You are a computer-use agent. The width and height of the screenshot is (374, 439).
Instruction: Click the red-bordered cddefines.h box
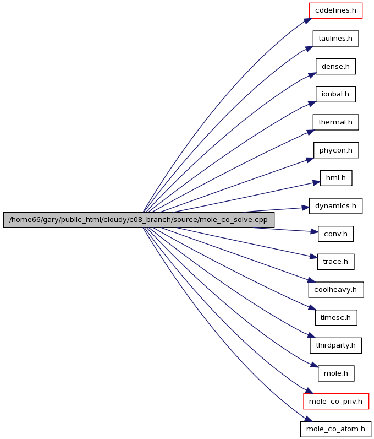point(335,10)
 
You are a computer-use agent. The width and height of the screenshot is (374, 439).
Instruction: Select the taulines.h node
point(335,39)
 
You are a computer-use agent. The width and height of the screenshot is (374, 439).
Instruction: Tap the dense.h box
point(335,67)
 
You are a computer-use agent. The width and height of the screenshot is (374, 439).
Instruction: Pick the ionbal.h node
point(335,94)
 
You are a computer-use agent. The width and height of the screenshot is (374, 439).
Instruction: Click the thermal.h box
point(335,122)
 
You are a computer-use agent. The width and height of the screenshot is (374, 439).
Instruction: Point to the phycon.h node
point(336,150)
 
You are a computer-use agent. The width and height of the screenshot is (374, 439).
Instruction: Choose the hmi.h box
point(336,178)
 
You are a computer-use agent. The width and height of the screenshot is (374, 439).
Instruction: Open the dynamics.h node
point(335,206)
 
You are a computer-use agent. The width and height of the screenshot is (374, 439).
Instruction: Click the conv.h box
point(335,234)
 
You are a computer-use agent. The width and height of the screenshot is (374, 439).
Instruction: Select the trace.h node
point(335,262)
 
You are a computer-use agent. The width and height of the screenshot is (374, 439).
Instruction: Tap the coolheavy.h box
point(336,290)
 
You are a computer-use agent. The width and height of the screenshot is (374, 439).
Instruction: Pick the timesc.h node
point(336,318)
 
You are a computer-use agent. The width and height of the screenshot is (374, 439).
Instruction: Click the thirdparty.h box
point(335,345)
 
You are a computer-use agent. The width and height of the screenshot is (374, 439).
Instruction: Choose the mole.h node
point(336,373)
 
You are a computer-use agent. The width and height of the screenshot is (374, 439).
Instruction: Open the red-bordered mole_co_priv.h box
point(336,402)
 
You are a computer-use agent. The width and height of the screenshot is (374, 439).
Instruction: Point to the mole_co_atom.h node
point(335,429)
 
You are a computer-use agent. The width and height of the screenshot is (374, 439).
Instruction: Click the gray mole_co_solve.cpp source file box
point(139,220)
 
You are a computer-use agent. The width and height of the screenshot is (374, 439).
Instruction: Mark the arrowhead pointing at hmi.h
point(316,183)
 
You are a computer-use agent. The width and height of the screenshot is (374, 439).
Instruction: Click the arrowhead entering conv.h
point(315,231)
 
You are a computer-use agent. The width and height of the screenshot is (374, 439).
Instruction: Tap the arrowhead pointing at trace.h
point(313,257)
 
